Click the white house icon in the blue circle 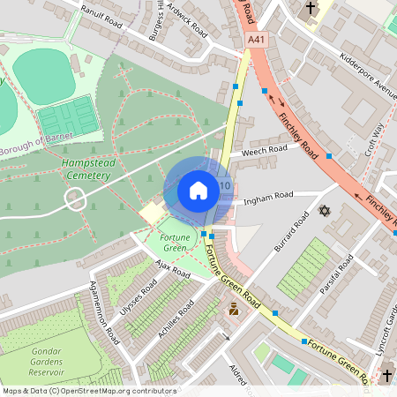point(198,191)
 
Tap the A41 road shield point(257,40)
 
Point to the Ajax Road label point(172,269)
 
